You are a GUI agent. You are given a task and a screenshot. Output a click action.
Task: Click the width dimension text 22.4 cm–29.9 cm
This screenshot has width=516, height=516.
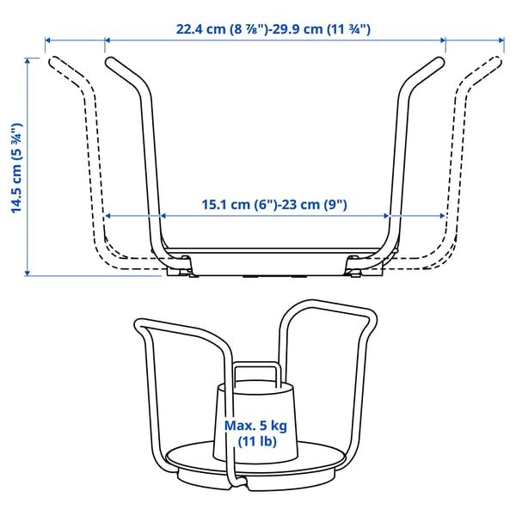click(x=273, y=28)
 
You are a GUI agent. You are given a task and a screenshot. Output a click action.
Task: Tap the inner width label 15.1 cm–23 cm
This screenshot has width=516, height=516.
click(x=273, y=205)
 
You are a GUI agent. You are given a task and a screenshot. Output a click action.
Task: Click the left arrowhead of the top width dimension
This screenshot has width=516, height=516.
click(x=49, y=40)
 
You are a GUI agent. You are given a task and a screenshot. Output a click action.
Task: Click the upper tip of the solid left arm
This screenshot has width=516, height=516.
click(x=108, y=61)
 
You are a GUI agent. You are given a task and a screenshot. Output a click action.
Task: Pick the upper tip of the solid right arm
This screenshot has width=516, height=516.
click(x=440, y=61)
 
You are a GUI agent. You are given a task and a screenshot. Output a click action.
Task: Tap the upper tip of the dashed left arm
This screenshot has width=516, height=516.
click(x=52, y=61)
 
